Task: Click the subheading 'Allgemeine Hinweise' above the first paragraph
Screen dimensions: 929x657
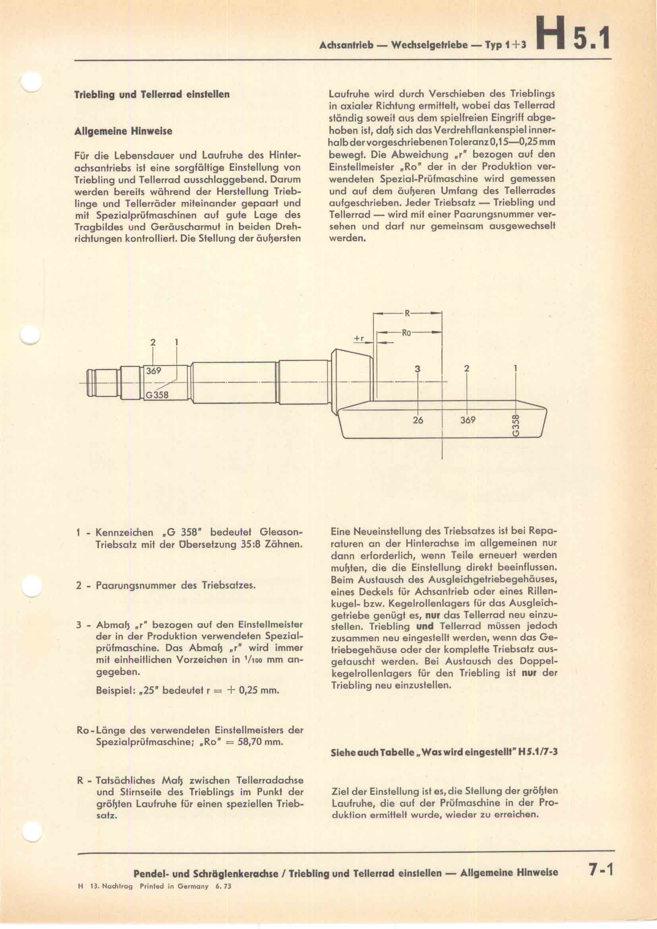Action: click(124, 131)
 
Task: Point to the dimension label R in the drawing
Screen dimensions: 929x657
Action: click(407, 312)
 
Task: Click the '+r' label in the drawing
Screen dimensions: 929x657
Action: click(358, 339)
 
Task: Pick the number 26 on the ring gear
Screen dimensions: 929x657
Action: click(418, 420)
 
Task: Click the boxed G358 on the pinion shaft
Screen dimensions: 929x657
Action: click(157, 395)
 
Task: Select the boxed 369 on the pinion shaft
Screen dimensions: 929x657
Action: click(154, 371)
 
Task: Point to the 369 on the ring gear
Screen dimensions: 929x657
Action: click(468, 420)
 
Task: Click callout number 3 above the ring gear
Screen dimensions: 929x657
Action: click(418, 369)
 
